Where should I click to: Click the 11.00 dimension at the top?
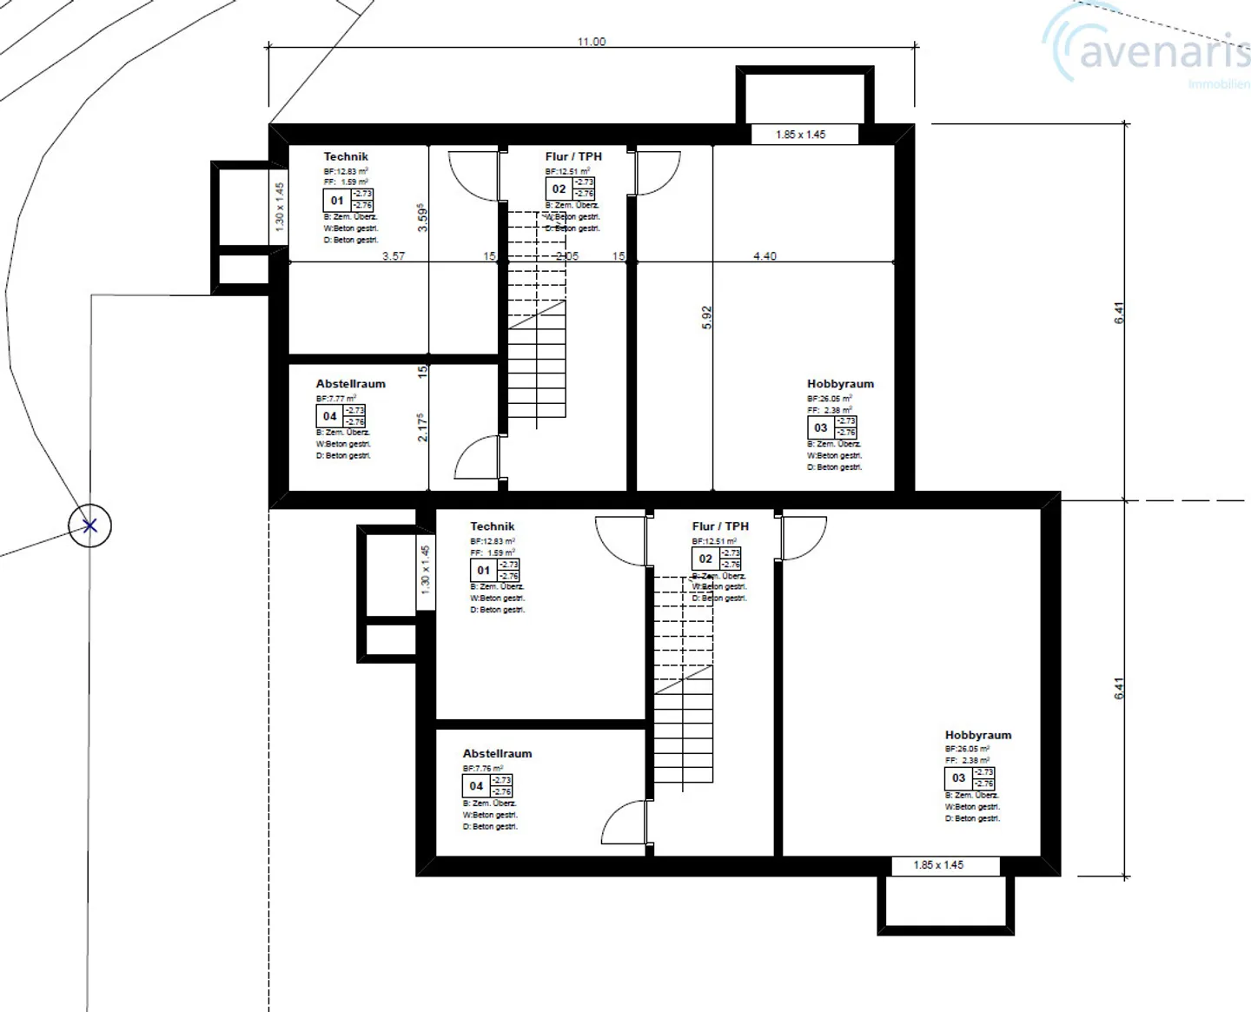(x=591, y=42)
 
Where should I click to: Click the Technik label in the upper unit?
(x=346, y=156)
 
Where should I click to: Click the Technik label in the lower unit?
(x=492, y=526)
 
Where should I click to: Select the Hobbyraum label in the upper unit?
(x=839, y=384)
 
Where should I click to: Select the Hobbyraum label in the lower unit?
(x=977, y=735)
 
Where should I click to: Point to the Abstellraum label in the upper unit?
(x=350, y=384)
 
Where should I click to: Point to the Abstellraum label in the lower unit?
(x=497, y=754)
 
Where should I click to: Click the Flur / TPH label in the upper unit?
(x=573, y=156)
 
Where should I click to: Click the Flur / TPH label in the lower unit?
(x=719, y=526)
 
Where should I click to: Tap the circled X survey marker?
(x=90, y=526)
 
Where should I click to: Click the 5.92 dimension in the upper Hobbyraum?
(x=706, y=317)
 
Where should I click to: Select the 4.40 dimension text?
(x=764, y=256)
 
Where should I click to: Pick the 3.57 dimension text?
(x=394, y=256)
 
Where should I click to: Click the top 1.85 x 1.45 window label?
(x=800, y=135)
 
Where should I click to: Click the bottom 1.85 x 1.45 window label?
(x=938, y=865)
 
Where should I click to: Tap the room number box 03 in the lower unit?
(x=958, y=778)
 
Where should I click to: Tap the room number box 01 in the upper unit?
(x=336, y=201)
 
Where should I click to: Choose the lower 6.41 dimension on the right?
(x=1119, y=689)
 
